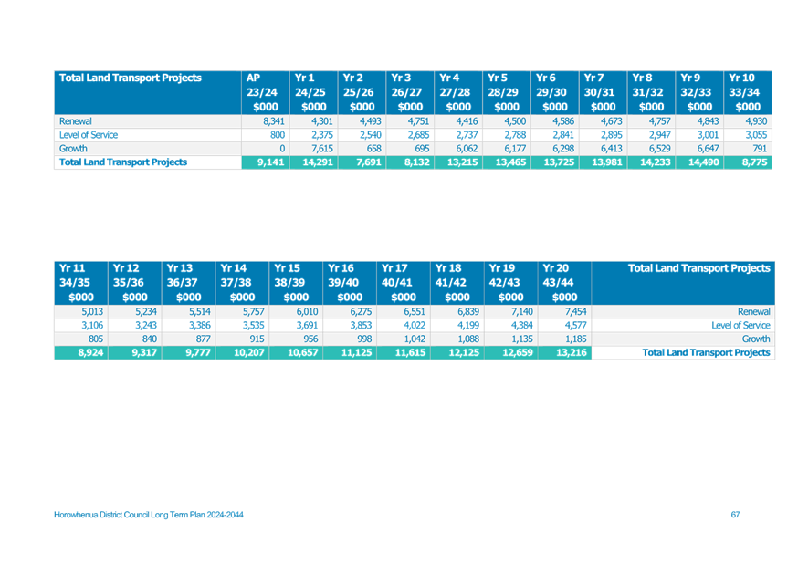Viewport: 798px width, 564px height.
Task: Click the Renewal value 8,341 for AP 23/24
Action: coord(274,121)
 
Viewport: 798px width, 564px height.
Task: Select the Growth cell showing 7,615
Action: coord(322,149)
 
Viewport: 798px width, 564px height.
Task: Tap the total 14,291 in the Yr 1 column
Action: coord(318,162)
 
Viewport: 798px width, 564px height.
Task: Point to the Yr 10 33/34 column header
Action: coord(747,92)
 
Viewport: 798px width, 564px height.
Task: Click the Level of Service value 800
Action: coord(278,135)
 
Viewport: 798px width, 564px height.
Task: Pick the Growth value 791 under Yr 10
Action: coord(760,149)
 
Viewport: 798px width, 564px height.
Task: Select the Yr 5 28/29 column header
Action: coord(507,92)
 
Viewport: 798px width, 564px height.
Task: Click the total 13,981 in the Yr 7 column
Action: coord(606,162)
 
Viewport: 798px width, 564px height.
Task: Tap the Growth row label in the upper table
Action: coord(73,149)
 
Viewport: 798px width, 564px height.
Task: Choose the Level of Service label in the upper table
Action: coord(89,135)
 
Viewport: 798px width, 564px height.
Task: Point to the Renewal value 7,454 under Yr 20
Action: coord(575,312)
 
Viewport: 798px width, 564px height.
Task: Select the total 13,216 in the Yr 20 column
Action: coord(572,352)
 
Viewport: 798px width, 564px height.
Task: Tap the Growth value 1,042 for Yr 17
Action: coord(415,339)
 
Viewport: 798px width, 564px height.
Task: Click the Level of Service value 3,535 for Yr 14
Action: coord(254,326)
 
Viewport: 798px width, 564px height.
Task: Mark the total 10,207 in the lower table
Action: coord(249,352)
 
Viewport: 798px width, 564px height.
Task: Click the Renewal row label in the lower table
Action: coord(754,312)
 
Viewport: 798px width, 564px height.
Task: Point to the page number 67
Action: coord(735,515)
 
